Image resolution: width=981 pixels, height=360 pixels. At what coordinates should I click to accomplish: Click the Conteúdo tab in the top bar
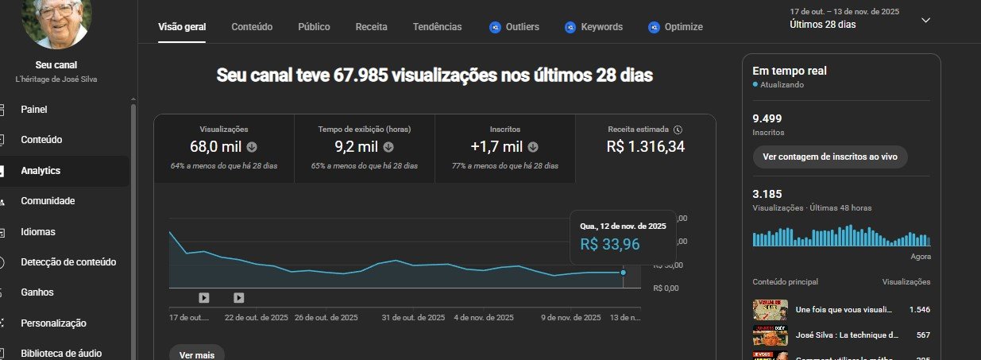coord(252,27)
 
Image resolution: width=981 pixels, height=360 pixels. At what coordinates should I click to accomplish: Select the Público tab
coord(314,27)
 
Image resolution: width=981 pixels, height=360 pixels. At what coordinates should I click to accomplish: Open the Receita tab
coord(372,27)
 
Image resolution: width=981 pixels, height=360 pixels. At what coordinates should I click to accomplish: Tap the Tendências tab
coord(437,27)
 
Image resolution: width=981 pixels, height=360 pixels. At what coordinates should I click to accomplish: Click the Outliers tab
coord(514,27)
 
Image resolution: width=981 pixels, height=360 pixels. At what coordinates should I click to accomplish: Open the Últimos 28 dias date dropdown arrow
coord(925,20)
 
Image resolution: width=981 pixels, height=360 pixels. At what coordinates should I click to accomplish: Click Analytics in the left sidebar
coord(41,171)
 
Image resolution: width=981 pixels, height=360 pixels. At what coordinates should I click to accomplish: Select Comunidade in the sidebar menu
coord(48,201)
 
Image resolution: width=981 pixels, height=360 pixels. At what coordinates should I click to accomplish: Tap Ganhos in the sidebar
coord(37,292)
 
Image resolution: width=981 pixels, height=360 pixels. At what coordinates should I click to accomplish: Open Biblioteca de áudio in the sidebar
coord(61,354)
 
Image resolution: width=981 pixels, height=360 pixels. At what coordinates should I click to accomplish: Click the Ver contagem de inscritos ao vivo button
coord(830,157)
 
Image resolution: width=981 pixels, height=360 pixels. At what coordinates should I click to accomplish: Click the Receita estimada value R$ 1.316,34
coord(645,146)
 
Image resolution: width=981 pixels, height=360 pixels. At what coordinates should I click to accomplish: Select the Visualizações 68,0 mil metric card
coord(223,147)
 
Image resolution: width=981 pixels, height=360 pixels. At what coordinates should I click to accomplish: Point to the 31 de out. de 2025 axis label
coord(413,318)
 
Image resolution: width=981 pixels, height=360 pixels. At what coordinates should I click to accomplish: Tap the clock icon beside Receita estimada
coord(677,129)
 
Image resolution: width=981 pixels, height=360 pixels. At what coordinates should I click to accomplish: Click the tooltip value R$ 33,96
coord(610,245)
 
